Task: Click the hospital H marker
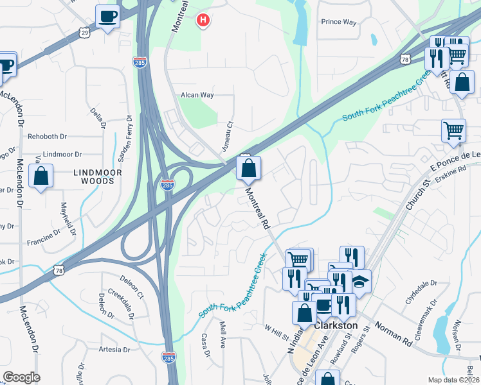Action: click(203, 21)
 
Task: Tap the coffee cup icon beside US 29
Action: click(107, 16)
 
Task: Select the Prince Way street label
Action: click(339, 22)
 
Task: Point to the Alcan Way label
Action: click(197, 95)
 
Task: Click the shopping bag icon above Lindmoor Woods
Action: click(41, 177)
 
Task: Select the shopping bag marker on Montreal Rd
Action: click(248, 169)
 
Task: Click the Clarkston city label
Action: click(334, 326)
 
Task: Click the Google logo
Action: click(21, 377)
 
